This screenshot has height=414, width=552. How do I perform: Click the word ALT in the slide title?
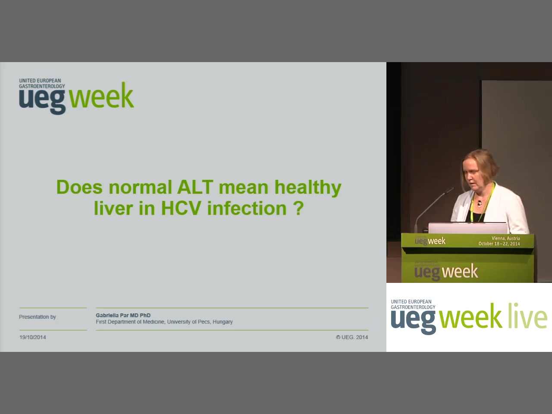(195, 187)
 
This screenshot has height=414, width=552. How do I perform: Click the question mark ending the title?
(298, 208)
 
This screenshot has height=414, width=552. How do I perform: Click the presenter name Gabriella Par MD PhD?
(123, 315)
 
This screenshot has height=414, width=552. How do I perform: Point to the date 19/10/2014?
(33, 337)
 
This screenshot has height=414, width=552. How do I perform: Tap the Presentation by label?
(38, 317)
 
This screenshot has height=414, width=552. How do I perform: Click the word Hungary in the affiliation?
(223, 322)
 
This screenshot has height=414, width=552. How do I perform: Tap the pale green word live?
(528, 316)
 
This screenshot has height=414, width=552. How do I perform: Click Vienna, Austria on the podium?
(506, 238)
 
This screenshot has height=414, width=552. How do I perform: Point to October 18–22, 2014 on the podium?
(499, 244)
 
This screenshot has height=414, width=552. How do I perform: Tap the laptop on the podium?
(468, 228)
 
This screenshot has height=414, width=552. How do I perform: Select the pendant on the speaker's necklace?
(480, 204)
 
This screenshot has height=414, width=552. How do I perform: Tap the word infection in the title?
(247, 208)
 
